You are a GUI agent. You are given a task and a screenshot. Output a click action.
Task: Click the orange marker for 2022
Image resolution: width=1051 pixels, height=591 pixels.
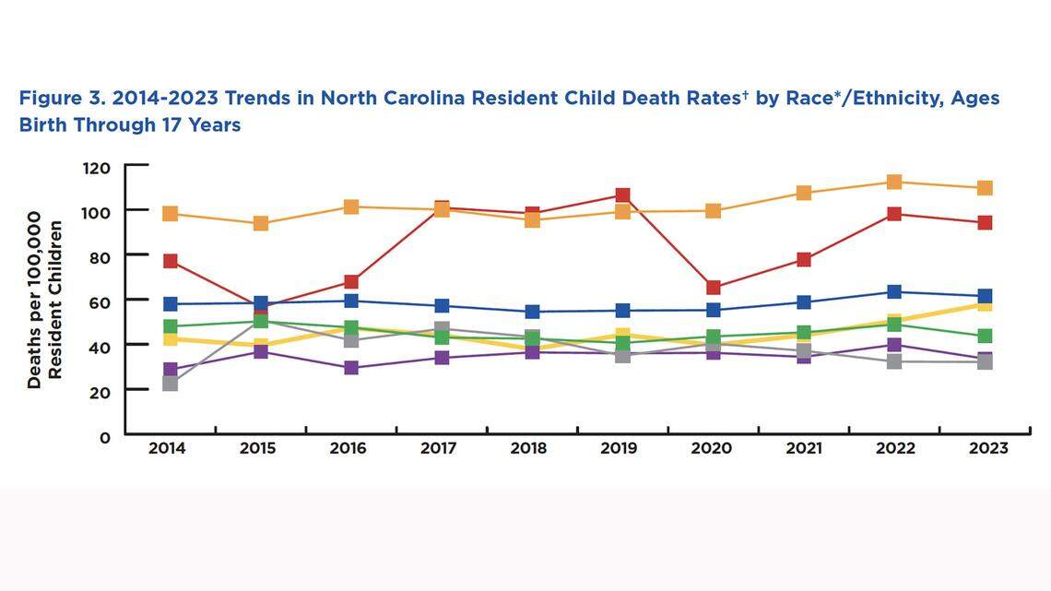[893, 183]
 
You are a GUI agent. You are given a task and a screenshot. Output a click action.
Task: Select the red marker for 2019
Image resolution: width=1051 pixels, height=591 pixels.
[622, 195]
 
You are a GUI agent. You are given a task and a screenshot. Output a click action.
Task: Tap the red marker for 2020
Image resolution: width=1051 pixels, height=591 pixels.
[713, 288]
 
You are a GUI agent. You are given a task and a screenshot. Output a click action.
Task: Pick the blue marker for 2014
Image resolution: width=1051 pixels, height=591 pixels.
[170, 304]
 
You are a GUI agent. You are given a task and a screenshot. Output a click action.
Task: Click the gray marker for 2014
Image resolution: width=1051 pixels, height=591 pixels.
[170, 384]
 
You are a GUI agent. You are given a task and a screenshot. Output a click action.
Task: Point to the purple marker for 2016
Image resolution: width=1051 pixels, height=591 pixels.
[351, 368]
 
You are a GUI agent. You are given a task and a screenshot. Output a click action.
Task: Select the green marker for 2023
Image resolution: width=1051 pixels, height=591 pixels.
[985, 337]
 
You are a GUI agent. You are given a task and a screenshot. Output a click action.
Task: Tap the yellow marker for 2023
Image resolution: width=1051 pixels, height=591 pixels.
[985, 304]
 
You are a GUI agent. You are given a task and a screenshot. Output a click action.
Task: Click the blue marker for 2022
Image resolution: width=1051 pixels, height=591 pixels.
[893, 292]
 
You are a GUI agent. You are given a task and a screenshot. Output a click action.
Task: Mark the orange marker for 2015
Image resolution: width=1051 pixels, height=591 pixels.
[261, 224]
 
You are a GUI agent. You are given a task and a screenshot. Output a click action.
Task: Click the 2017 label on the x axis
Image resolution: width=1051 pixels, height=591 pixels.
[440, 449]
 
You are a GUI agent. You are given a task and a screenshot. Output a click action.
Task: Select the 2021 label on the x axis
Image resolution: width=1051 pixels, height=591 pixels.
[802, 449]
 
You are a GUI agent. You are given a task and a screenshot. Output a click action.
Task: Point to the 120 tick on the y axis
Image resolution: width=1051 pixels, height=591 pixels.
[95, 168]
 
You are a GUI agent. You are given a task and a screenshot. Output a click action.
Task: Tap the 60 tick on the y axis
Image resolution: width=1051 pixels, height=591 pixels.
[99, 301]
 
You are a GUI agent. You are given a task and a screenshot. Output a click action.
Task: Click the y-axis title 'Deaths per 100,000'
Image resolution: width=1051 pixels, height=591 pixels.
[34, 300]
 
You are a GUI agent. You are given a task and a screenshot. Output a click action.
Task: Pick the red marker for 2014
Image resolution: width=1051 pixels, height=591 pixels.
[170, 262]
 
